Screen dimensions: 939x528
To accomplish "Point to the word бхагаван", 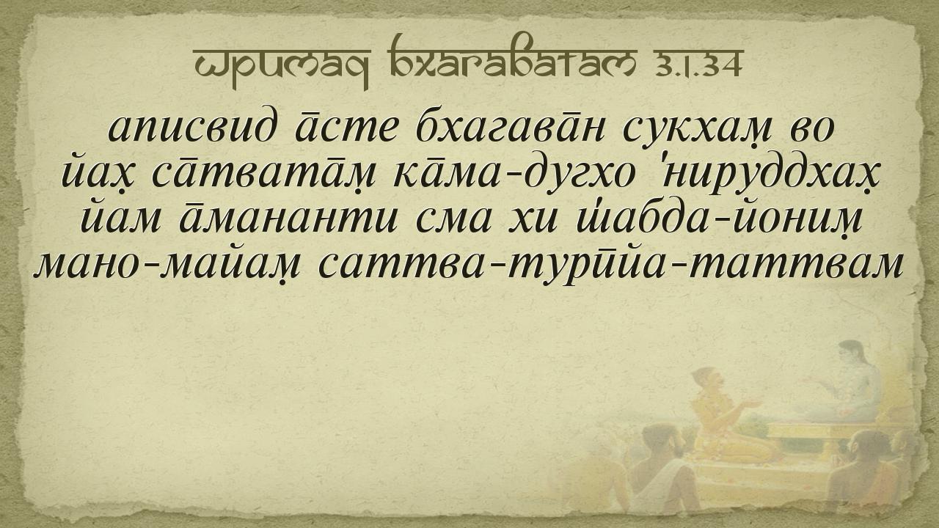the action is tap(510, 127).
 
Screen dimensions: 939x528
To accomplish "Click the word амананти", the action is tap(288, 219).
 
